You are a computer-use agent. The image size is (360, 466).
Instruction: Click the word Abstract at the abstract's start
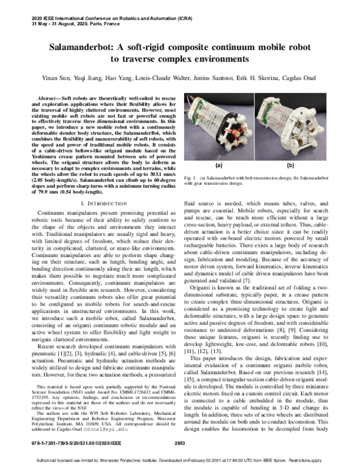[50, 97]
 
